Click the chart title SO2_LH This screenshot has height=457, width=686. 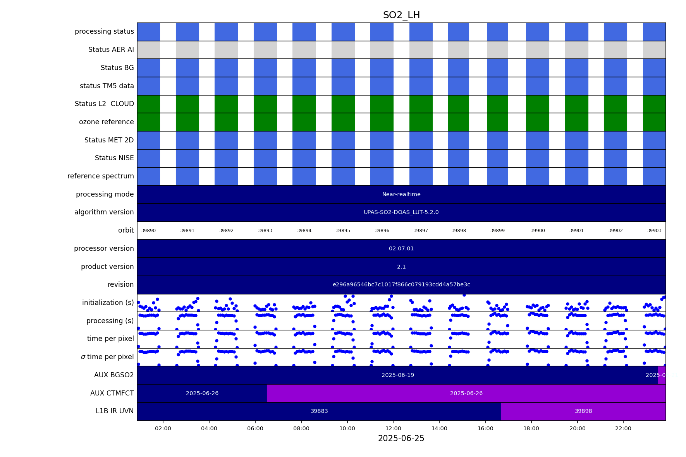[x=401, y=15]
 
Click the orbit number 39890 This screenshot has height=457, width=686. [x=148, y=231]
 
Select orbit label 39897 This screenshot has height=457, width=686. [x=421, y=231]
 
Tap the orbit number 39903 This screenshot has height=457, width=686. [x=654, y=231]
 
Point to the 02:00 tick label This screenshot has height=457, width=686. [x=163, y=428]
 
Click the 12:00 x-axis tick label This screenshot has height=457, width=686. [x=393, y=428]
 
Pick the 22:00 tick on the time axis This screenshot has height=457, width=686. [x=623, y=428]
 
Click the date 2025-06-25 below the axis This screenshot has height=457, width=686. [x=401, y=438]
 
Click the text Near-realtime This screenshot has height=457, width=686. [x=401, y=195]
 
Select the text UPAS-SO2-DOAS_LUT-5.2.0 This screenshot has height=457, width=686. [x=401, y=212]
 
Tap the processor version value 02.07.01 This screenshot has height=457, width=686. [x=401, y=249]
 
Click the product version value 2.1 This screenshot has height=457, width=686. [x=401, y=267]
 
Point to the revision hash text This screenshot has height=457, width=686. [x=401, y=285]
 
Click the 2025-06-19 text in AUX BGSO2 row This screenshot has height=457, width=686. [x=398, y=375]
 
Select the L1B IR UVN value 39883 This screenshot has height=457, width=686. [x=319, y=411]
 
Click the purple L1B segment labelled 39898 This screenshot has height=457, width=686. [x=583, y=411]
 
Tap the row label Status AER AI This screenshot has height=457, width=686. [x=111, y=50]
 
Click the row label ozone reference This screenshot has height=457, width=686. [x=107, y=122]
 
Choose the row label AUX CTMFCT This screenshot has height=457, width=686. [x=112, y=394]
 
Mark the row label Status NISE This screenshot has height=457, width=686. [x=114, y=158]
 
